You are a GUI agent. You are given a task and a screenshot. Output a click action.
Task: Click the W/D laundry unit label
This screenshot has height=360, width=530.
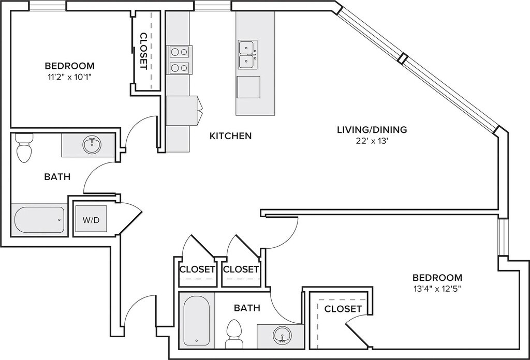(x=91, y=220)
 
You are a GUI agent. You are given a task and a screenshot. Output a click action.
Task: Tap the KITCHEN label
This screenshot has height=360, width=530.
(x=230, y=136)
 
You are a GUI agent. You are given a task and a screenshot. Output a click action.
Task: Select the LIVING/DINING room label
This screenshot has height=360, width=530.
(x=372, y=129)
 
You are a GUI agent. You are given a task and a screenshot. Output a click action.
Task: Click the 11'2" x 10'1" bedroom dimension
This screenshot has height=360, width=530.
(x=70, y=77)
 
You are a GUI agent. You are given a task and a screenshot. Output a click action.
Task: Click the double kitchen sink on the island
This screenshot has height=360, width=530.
(x=248, y=55)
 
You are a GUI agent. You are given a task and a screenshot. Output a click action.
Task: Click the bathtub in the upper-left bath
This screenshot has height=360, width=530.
(x=39, y=220)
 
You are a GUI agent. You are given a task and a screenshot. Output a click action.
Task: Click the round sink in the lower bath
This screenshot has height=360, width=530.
(x=283, y=335)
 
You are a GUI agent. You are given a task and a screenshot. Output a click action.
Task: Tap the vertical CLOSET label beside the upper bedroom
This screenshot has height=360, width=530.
(x=143, y=51)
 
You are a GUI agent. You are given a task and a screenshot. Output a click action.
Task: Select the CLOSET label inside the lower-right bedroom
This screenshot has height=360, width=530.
(x=343, y=309)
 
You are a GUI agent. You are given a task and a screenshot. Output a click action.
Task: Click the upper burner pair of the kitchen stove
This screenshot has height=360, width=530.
(x=179, y=52)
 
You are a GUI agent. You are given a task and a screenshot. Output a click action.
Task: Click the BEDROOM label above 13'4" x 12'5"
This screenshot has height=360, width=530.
(x=437, y=278)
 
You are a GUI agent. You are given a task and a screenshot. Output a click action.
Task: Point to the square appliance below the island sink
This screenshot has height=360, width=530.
(x=248, y=87)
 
